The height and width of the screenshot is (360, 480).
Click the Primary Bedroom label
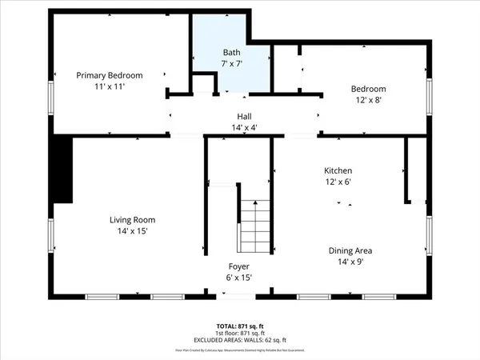(x=109, y=75)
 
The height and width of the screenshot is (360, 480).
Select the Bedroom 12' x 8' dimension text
(x=369, y=100)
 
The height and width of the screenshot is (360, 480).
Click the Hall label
(x=243, y=116)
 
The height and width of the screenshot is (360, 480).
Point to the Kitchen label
(x=338, y=171)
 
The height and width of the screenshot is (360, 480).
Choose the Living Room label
(x=132, y=220)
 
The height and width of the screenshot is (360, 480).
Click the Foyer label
(x=239, y=266)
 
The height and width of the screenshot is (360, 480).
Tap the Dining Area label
(x=350, y=250)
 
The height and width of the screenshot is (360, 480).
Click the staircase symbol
(x=255, y=226)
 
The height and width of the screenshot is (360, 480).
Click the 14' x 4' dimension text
(x=243, y=126)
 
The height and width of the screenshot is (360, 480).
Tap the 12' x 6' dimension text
(x=338, y=182)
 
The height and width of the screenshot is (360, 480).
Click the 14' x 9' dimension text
(x=350, y=261)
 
